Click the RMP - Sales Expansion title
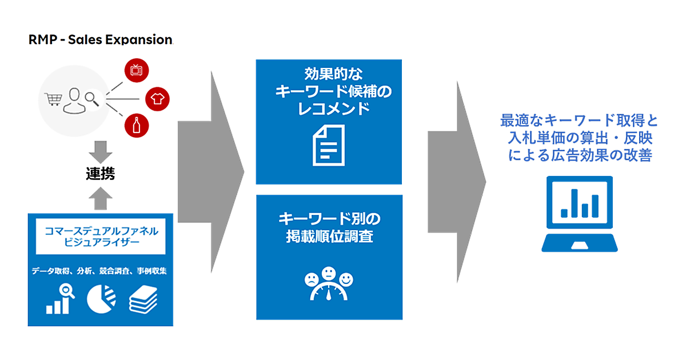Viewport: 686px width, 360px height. [100, 39]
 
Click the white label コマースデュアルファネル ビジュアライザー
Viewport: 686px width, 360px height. [101, 236]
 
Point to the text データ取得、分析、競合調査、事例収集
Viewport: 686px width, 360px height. [100, 270]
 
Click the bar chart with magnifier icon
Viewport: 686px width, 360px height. [60, 299]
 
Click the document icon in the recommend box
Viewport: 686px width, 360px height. [329, 146]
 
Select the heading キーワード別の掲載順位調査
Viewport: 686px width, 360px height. [329, 227]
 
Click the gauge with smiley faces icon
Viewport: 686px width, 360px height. [329, 283]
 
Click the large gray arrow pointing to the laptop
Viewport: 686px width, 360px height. [457, 181]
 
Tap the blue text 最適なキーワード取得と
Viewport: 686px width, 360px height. [579, 121]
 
